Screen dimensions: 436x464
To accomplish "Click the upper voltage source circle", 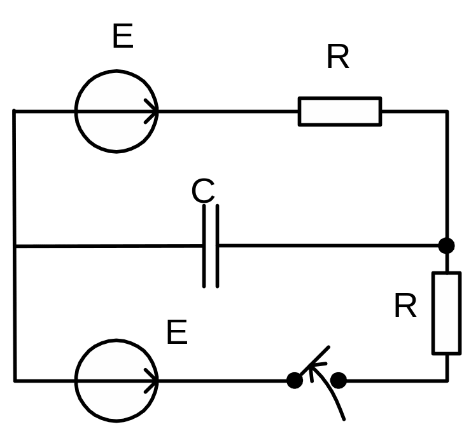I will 116,112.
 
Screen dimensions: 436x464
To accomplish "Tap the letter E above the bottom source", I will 177,332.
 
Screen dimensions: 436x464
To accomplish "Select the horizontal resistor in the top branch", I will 340,111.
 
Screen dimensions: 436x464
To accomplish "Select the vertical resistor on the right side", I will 446,313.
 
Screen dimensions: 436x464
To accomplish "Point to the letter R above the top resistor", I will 338,58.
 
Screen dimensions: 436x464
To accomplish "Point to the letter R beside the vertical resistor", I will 405,307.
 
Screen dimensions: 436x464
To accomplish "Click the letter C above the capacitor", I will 203,191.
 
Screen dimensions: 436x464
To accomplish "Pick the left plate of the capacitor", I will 205,246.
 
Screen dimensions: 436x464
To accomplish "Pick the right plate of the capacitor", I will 218,246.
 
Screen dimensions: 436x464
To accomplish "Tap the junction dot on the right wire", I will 447,245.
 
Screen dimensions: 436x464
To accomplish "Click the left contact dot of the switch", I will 295,381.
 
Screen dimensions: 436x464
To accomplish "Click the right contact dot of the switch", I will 339,381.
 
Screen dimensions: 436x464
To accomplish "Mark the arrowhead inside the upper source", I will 151,112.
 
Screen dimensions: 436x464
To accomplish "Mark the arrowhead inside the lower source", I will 151,381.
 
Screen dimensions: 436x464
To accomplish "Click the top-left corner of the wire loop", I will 14,112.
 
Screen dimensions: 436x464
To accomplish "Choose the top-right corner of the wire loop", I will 447,112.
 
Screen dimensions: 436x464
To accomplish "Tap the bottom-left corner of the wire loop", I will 15,381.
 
